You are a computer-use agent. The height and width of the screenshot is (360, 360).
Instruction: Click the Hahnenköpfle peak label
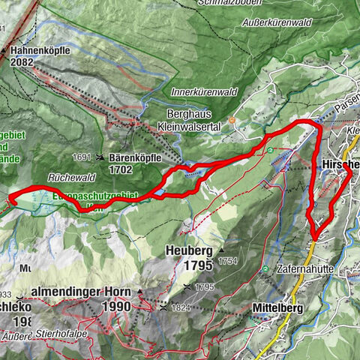click(x=42, y=51)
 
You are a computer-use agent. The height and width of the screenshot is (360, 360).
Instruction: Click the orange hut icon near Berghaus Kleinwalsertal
click(x=233, y=118)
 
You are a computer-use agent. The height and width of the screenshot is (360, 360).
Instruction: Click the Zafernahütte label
click(x=309, y=268)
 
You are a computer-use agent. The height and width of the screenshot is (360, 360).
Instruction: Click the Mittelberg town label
click(x=281, y=306)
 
